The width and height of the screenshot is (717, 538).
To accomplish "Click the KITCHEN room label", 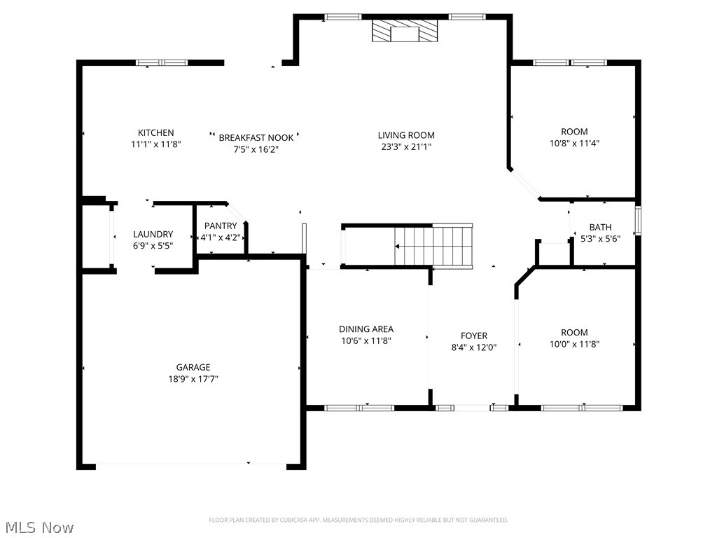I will (155, 133).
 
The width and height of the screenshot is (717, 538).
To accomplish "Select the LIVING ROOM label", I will (406, 135).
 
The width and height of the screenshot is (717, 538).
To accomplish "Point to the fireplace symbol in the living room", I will (405, 32).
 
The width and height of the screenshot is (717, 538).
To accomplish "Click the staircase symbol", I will (433, 246).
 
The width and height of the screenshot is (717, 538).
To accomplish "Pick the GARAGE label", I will (193, 367).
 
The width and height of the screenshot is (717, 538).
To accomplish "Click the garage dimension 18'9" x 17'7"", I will (193, 379).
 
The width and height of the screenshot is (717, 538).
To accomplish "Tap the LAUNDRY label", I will (153, 234).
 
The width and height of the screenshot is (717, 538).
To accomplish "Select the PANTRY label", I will (221, 226).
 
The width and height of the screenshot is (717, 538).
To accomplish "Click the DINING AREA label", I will (366, 329).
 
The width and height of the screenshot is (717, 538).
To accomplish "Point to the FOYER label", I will (473, 336).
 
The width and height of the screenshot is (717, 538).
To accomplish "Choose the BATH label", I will (600, 227).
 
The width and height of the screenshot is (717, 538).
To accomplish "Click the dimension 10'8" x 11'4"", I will (574, 143).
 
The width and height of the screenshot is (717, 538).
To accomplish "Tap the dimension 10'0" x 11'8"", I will (574, 344).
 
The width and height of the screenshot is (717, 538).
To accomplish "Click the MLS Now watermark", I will (38, 526).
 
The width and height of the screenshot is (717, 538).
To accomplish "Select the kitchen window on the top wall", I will (162, 62).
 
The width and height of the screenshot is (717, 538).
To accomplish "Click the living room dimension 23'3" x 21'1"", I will (406, 147).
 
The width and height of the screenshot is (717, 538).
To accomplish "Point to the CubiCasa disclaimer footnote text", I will (358, 520).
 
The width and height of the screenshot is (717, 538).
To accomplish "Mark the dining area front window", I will (359, 407).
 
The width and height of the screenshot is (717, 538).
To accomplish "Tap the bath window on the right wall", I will (638, 220).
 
